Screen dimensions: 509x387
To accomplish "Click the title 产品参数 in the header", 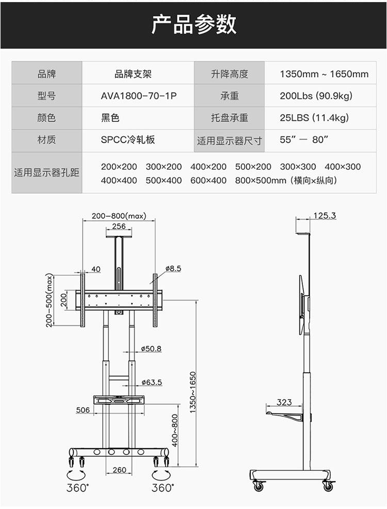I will tap(193, 24).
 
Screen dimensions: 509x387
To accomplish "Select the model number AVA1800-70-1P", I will tap(139, 96).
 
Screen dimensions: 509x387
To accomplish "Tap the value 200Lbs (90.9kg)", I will tap(316, 96).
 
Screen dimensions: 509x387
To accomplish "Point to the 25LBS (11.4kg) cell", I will tap(314, 118).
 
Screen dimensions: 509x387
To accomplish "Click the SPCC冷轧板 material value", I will tap(128, 140).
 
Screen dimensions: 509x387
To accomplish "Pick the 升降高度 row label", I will tap(230, 74).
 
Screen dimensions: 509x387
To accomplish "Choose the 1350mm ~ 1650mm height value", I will tap(324, 74).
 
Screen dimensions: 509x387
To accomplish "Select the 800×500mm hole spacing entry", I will tap(260, 181).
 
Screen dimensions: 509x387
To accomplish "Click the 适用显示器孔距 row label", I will tap(46, 173).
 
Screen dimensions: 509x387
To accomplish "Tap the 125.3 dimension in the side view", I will tap(325, 215).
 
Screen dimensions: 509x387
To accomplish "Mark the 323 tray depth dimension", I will tap(284, 402).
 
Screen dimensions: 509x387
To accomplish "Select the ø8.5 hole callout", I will tap(173, 268).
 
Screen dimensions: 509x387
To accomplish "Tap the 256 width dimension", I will tap(119, 226).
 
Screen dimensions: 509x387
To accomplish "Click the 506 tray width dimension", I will tap(83, 410).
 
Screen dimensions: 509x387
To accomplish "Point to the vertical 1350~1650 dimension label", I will tap(192, 392).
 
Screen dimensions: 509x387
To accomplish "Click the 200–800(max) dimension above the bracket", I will tap(119, 216).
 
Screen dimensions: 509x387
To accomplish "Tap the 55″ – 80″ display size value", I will tap(304, 140).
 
